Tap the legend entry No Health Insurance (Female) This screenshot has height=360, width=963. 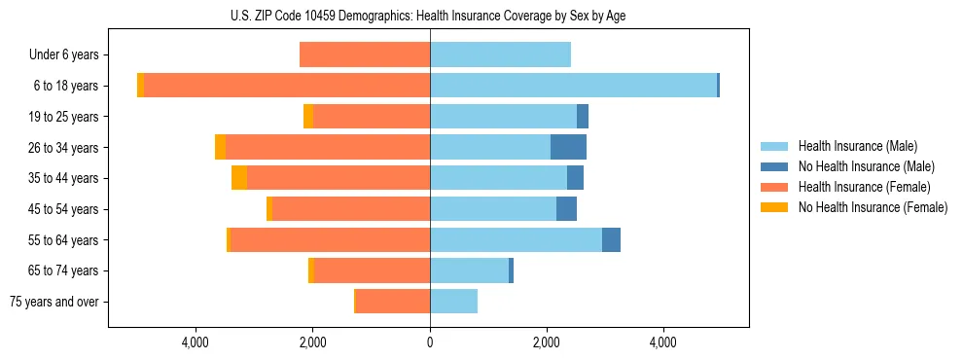click(x=873, y=207)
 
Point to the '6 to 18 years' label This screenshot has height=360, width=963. click(x=66, y=86)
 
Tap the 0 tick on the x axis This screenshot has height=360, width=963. click(x=430, y=342)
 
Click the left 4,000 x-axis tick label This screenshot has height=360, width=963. click(x=196, y=342)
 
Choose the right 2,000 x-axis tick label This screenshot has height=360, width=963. click(x=547, y=342)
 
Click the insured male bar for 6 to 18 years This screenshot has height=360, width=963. click(x=573, y=86)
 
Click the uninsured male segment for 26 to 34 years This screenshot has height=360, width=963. click(x=568, y=147)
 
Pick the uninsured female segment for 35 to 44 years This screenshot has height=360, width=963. click(x=239, y=178)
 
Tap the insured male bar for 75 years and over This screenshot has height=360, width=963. click(x=453, y=302)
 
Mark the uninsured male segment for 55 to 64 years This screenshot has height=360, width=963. click(x=611, y=239)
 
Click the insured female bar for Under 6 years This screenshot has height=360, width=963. click(x=365, y=55)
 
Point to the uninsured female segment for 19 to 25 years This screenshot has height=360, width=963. click(x=308, y=117)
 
